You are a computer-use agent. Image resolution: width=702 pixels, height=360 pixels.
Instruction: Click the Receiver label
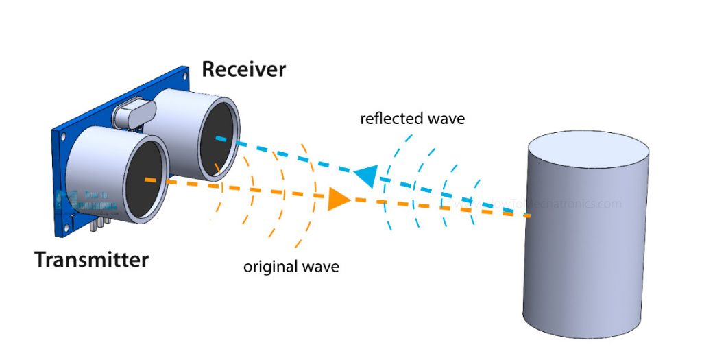243,69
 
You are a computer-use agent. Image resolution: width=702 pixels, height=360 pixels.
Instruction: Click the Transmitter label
91,261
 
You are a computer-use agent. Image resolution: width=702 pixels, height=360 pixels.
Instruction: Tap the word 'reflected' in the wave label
393,119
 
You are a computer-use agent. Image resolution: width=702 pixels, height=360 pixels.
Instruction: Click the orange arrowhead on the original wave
338,199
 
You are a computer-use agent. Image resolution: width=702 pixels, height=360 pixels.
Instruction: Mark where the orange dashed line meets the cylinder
530,216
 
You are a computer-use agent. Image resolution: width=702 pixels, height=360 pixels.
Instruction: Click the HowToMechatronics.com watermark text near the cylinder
542,204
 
